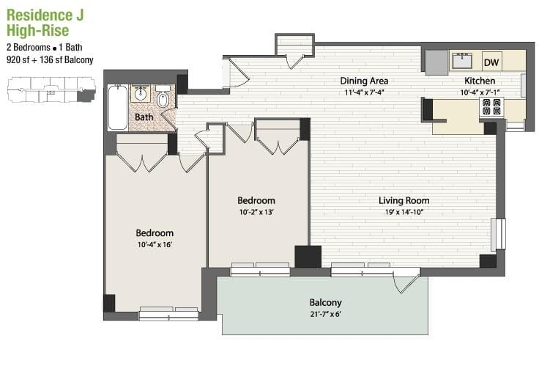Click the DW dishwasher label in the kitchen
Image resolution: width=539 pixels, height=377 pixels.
[x=491, y=62]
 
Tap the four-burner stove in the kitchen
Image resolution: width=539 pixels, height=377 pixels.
[x=491, y=106]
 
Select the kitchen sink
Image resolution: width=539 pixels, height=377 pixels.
[x=462, y=61]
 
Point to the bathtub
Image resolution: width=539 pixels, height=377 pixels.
[x=118, y=108]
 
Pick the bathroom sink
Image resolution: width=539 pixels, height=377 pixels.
[x=141, y=93]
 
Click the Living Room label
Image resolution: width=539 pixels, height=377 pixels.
[x=404, y=200]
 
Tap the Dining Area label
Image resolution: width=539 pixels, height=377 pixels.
[x=364, y=81]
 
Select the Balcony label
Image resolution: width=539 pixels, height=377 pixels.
[x=326, y=303]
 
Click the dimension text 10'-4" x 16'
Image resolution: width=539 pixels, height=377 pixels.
[x=155, y=245]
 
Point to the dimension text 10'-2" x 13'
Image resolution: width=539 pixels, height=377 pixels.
[x=256, y=212]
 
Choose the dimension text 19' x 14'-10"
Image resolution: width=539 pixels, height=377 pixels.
[x=404, y=212]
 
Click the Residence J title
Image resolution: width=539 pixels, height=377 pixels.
[x=45, y=15]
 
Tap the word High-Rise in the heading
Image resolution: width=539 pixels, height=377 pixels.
[x=38, y=31]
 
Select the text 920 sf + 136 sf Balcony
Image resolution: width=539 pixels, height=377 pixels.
[x=50, y=60]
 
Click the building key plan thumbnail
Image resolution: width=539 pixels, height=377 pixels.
[x=51, y=90]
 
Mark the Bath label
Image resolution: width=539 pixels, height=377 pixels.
[x=144, y=117]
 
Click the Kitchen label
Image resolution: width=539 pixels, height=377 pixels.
[x=480, y=81]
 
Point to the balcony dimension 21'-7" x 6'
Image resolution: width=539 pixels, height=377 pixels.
[x=326, y=314]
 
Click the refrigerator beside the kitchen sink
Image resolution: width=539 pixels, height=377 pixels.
[x=437, y=62]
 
